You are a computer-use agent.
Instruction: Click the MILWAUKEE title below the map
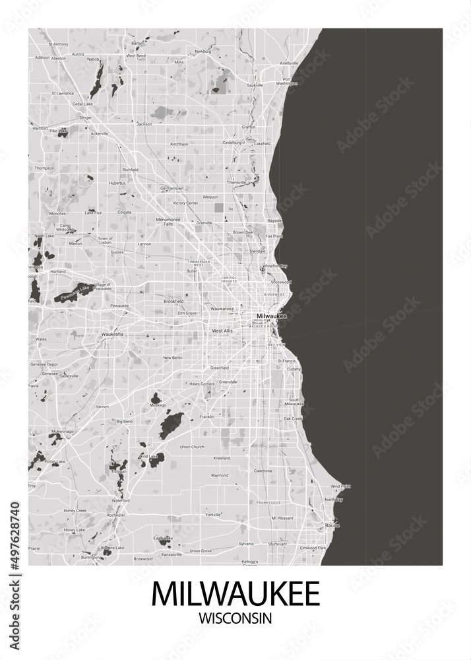(x=235, y=593)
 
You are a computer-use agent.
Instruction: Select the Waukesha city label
(x=113, y=335)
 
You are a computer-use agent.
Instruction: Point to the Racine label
(x=332, y=525)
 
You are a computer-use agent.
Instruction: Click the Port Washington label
(x=287, y=82)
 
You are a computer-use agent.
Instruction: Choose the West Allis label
(x=222, y=330)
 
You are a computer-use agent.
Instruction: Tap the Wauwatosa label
(x=223, y=308)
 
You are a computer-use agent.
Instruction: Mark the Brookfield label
(x=173, y=300)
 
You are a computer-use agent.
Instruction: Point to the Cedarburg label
(x=233, y=142)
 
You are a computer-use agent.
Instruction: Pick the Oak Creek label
(x=292, y=418)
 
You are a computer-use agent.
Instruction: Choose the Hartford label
(x=40, y=128)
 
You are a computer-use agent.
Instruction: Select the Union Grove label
(x=201, y=550)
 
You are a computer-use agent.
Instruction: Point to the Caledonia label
(x=263, y=471)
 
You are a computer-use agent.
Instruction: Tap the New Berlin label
(x=172, y=358)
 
